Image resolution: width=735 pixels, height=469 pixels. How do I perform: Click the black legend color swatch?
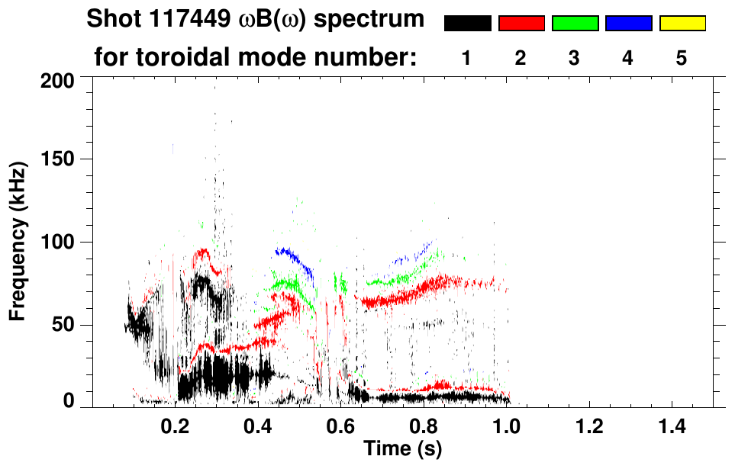pos(467,24)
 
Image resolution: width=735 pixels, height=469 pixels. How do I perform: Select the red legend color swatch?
pos(521,24)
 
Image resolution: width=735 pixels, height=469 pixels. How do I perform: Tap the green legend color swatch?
pos(575,24)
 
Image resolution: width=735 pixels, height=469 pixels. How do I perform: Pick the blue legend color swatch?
pos(628,24)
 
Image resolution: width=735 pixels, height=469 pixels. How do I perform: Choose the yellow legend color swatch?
pos(682,24)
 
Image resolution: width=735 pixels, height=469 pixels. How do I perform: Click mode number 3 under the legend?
pos(574,58)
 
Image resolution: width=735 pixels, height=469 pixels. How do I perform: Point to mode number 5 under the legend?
pos(682,58)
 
